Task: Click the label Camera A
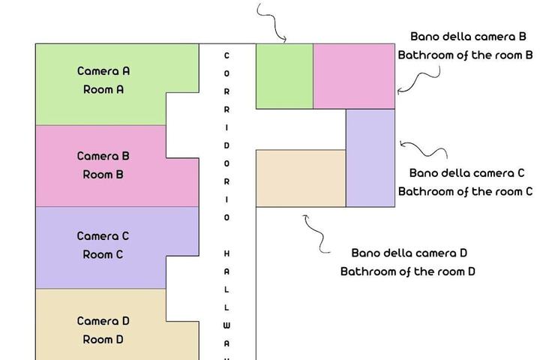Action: [103, 71]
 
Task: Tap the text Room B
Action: [103, 174]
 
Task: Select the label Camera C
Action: [103, 236]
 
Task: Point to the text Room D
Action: [103, 339]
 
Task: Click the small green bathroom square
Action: [284, 76]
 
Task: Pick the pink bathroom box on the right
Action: [354, 76]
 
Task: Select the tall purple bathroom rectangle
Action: [370, 157]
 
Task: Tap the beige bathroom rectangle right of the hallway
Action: [301, 178]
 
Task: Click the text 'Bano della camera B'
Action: [468, 37]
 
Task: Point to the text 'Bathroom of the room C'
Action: [465, 191]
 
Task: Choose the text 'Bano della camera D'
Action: [409, 253]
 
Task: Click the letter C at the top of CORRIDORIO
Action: [226, 55]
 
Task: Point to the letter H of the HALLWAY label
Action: [226, 253]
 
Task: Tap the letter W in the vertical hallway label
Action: [226, 325]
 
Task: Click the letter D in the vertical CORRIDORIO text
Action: [226, 145]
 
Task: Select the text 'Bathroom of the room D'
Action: [408, 271]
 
